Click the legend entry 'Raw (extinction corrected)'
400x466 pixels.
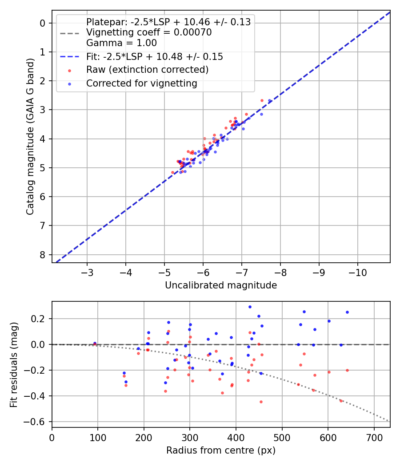coord(147,70)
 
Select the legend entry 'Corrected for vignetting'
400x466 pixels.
coord(142,83)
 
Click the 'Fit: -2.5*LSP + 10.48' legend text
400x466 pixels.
coord(154,57)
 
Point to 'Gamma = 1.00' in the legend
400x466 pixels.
coord(121,43)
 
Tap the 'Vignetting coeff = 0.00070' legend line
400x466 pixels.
coord(148,32)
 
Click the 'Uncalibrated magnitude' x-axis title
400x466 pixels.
coord(221,285)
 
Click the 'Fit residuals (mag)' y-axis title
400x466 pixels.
coord(14,364)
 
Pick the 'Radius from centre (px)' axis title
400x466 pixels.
coord(221,450)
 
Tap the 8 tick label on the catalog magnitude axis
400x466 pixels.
coord(43,255)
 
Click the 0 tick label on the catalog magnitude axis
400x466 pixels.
coord(43,23)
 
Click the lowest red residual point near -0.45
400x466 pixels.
coord(261,402)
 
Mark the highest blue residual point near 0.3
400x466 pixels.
coord(250,307)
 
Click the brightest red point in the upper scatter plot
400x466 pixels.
coord(262,100)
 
